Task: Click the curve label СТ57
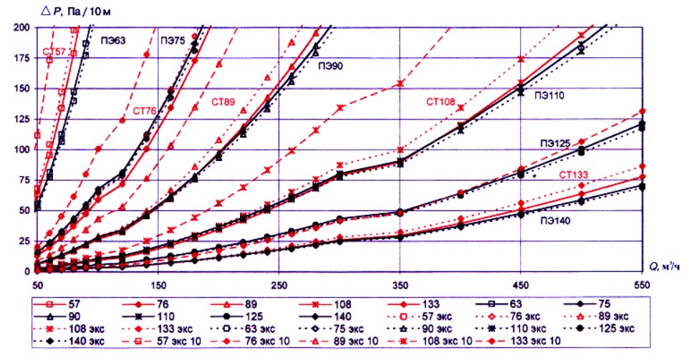click(55, 52)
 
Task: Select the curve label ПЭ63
click(113, 41)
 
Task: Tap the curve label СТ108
click(440, 102)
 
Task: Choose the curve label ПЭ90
click(330, 65)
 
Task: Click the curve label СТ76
click(146, 111)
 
